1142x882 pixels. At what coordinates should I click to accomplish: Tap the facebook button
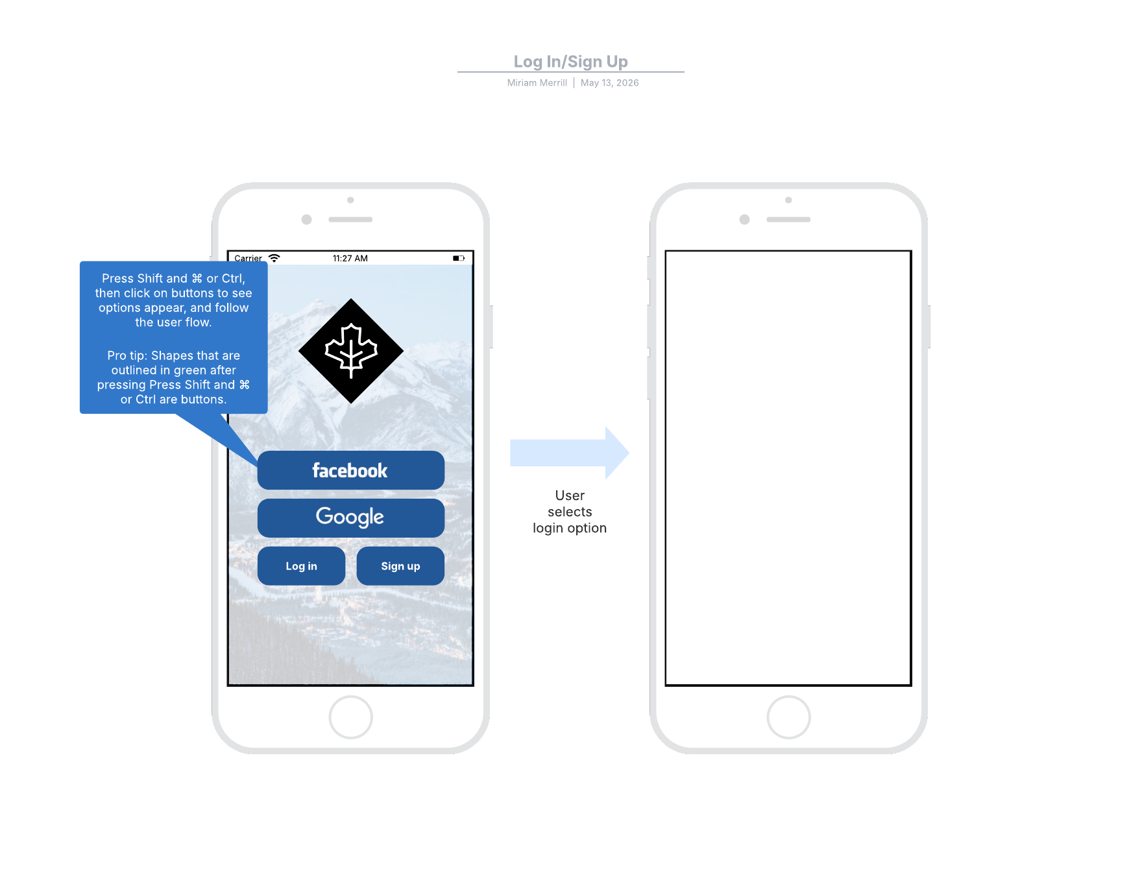click(x=351, y=470)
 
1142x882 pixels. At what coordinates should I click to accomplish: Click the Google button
click(x=351, y=518)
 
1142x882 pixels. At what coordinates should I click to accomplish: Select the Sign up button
click(x=400, y=566)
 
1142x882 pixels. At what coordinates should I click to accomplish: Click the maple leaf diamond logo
click(x=351, y=351)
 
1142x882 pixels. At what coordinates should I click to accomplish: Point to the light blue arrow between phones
click(x=570, y=453)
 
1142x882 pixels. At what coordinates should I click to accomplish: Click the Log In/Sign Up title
click(x=571, y=62)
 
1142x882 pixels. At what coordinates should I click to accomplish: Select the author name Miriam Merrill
click(x=537, y=83)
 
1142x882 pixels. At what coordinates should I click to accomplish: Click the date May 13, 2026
click(x=610, y=83)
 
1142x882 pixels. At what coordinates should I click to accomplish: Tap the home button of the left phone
click(x=351, y=717)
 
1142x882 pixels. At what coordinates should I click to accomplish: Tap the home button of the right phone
click(x=789, y=717)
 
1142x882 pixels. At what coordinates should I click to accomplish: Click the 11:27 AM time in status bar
click(x=350, y=258)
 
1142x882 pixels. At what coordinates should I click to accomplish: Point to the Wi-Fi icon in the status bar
click(x=274, y=258)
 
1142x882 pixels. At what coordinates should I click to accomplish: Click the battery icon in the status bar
click(x=459, y=258)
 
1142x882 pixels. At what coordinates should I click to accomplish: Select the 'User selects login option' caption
click(x=570, y=512)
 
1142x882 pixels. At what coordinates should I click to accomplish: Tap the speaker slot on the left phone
click(x=350, y=220)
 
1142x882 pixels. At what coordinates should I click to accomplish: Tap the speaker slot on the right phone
click(x=788, y=220)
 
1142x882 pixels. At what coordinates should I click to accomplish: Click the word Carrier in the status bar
click(x=249, y=258)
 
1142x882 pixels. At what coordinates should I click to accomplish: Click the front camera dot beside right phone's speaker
click(x=745, y=220)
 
